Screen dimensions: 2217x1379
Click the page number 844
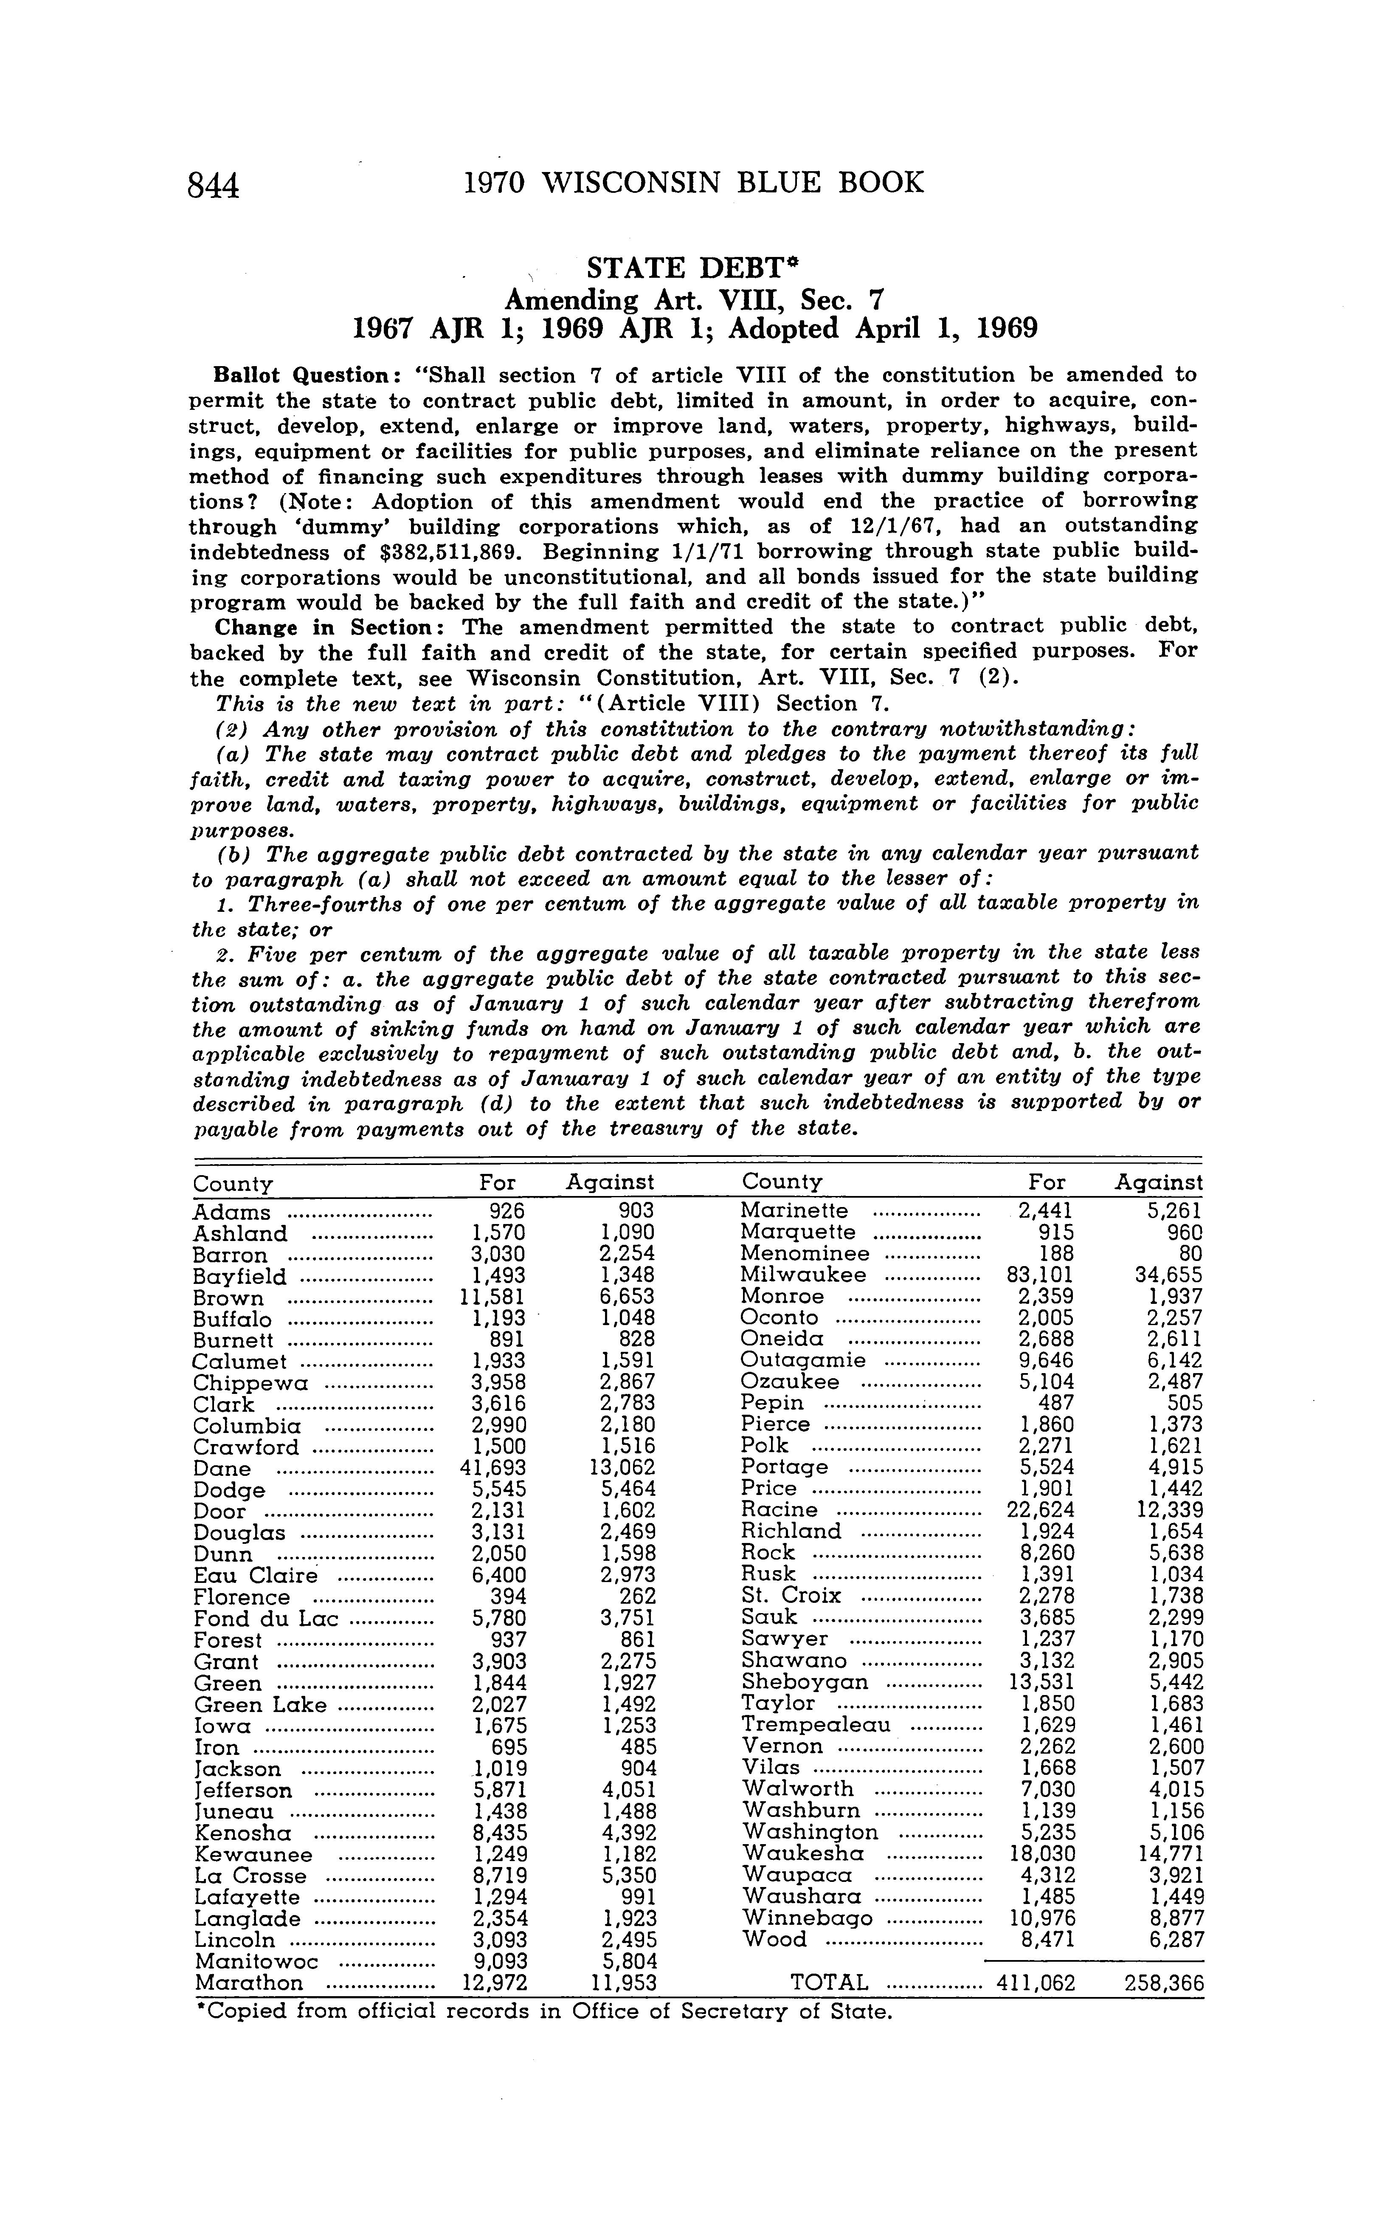pos(214,185)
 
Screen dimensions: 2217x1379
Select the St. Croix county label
pos(791,1596)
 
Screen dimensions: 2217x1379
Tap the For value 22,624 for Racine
pos(1041,1510)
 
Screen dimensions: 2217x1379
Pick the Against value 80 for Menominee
pos(1189,1254)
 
